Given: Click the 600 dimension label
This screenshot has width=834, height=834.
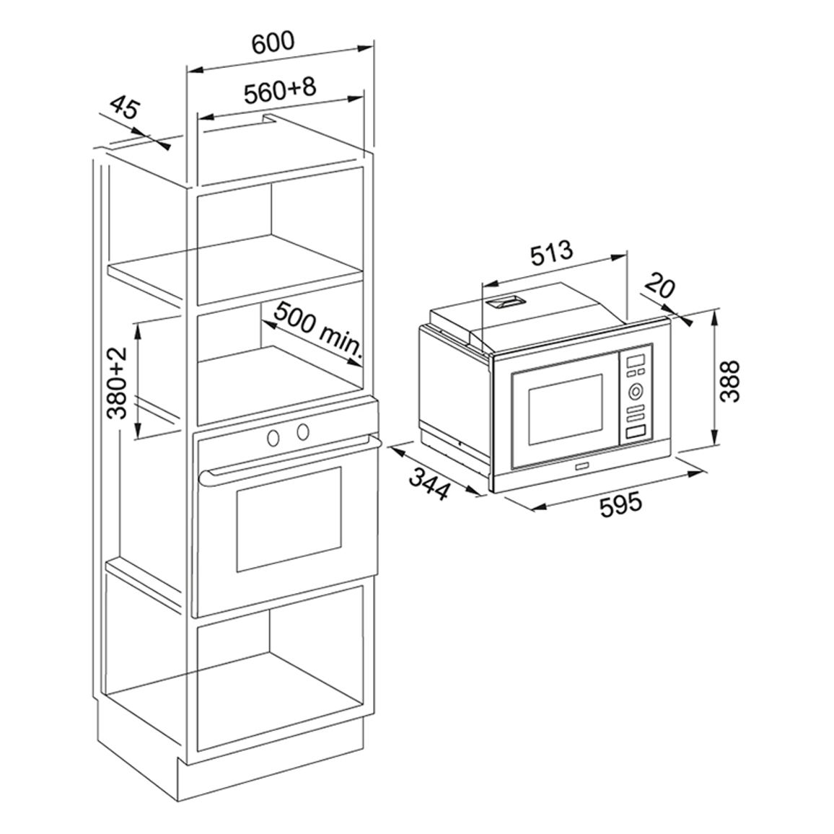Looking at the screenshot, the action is click(273, 43).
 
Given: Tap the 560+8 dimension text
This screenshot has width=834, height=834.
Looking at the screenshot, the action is click(280, 90).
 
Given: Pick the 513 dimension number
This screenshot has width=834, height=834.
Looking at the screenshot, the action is click(552, 253).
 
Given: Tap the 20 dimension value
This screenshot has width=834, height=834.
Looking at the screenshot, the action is click(661, 287).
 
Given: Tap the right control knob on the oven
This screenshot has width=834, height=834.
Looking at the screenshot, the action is click(303, 432).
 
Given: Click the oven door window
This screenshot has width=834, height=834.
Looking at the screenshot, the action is click(289, 519).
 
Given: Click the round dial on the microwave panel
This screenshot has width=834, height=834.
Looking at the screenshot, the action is click(635, 392).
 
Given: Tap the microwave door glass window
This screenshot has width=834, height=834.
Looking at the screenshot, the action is click(565, 410).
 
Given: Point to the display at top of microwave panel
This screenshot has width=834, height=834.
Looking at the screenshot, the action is click(635, 361).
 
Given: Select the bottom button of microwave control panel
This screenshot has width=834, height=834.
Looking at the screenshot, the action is click(635, 432).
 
